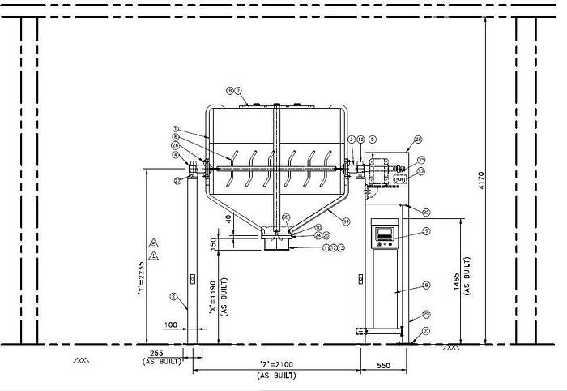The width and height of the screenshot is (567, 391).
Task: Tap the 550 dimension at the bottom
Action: click(384, 366)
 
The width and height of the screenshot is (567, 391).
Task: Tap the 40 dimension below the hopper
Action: click(229, 218)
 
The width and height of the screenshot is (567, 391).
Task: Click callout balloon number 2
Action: click(173, 296)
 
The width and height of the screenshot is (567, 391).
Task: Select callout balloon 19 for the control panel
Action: click(426, 232)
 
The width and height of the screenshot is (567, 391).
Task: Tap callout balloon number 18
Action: click(426, 286)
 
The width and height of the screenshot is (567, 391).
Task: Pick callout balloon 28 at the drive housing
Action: click(418, 140)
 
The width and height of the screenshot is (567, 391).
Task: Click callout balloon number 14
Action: click(346, 221)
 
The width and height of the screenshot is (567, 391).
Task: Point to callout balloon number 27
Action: click(177, 181)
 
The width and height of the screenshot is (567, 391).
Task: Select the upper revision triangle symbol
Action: click(154, 243)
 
